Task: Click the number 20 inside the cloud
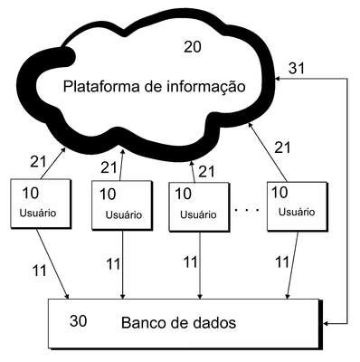pos(193,47)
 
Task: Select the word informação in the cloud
pos(205,87)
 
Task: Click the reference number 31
pos(297,69)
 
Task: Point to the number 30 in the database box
pos(78,320)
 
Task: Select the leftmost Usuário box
pos(41,204)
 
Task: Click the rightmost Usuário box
pos(298,206)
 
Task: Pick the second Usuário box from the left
pos(122,205)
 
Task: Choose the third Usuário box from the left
pos(199,207)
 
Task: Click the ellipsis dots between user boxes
pos(247,209)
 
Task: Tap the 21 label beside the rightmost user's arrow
pos(282,148)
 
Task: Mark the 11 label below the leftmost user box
pos(40,271)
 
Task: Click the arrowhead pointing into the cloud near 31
pos(278,79)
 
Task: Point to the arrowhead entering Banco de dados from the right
pos(326,324)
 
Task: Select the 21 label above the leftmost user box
pos(38,162)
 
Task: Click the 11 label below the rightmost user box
pos(282,262)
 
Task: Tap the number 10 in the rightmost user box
pos(279,193)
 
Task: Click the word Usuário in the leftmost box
pos(38,213)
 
